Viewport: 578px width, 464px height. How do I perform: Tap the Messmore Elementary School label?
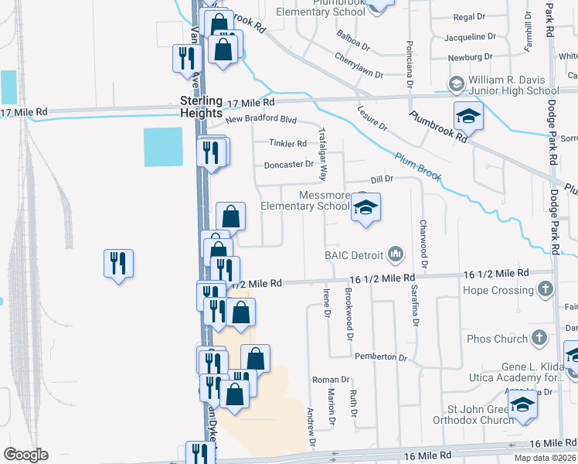pos(304,200)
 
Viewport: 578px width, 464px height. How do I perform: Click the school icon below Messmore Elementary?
pos(366,207)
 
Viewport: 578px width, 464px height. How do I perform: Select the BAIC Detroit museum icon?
pos(396,254)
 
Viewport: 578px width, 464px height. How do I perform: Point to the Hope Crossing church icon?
pos(546,290)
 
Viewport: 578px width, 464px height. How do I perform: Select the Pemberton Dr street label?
pos(380,357)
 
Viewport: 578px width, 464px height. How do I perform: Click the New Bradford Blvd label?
pos(261,120)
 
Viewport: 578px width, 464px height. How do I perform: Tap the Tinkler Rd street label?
pos(287,143)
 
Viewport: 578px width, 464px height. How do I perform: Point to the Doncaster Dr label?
pos(288,164)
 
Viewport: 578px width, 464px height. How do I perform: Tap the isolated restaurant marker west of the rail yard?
pos(118,263)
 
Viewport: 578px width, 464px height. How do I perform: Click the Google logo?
pos(26,455)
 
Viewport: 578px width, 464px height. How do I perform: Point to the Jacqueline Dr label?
pos(470,36)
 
